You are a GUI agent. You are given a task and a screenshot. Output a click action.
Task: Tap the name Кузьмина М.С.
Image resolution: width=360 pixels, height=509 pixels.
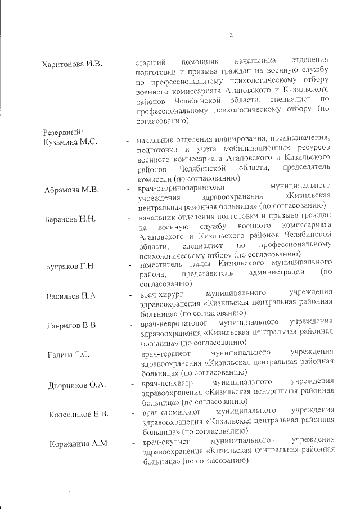pos(70,141)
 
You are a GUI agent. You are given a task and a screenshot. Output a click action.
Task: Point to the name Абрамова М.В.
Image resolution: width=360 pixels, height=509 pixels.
pos(71,190)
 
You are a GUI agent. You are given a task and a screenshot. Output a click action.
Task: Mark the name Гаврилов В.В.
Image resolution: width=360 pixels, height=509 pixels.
pos(73,325)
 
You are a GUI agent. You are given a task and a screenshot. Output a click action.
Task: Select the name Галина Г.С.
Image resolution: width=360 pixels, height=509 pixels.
pos(70,355)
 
